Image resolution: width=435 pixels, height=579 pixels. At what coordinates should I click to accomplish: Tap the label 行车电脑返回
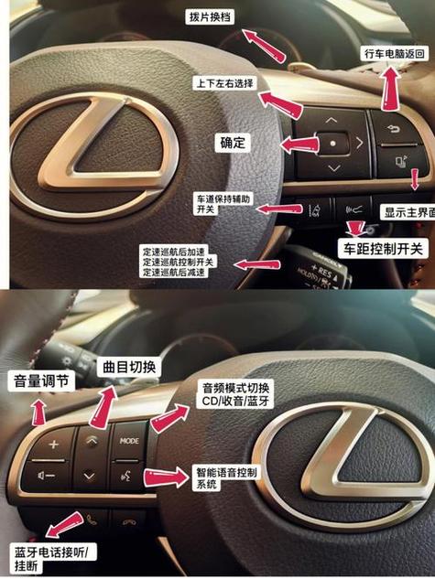point(394,53)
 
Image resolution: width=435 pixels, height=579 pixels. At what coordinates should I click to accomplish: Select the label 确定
point(235,144)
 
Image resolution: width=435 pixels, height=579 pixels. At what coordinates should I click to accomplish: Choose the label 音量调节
point(38,381)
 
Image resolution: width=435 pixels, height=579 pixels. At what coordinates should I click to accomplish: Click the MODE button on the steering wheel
point(130,440)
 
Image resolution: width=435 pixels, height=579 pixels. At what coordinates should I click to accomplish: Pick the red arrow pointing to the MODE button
point(169,420)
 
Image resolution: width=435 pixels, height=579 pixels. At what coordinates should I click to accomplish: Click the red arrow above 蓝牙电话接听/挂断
point(60,525)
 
